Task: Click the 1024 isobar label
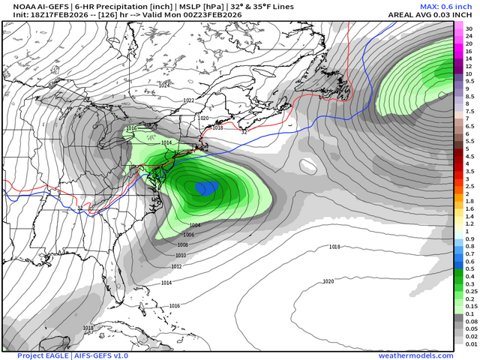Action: (165, 85)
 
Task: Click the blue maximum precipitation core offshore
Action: (203, 187)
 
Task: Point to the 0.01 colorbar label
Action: (469, 344)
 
